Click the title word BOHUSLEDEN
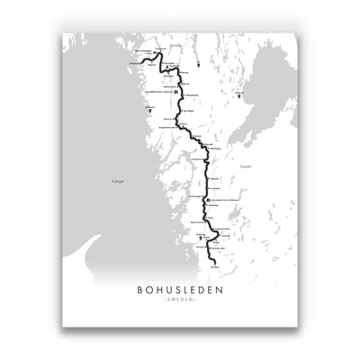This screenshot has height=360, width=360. point(180,290)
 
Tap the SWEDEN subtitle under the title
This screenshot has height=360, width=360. point(180,303)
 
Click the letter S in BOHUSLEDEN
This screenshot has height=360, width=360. point(178,290)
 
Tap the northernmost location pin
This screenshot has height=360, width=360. point(193,65)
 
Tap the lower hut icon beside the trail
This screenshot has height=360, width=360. point(208,201)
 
